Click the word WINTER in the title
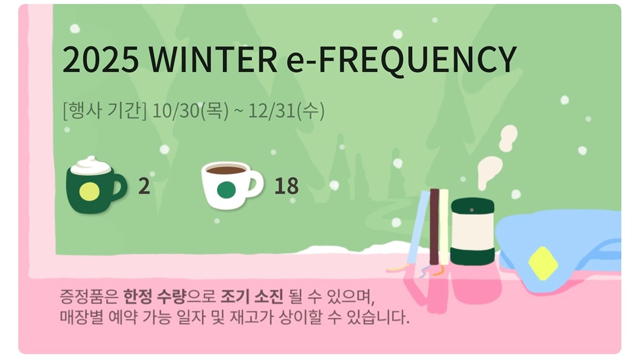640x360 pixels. pos(213,60)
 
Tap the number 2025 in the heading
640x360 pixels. pos(101,60)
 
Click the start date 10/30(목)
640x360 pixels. pos(190,110)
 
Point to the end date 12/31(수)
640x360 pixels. pos(286,110)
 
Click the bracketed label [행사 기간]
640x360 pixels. pos(105,110)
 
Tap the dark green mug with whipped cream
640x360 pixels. pos(96,185)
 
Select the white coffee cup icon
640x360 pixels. pos(233,185)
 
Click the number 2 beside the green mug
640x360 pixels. pos(144,186)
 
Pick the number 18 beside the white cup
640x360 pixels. pos(286,186)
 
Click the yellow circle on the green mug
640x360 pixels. pos(90,191)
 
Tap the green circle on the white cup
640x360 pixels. pos(226,190)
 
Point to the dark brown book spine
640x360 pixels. pos(434,227)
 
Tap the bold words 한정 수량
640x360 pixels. pos(155,297)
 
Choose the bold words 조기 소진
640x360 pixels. pos(252,297)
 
